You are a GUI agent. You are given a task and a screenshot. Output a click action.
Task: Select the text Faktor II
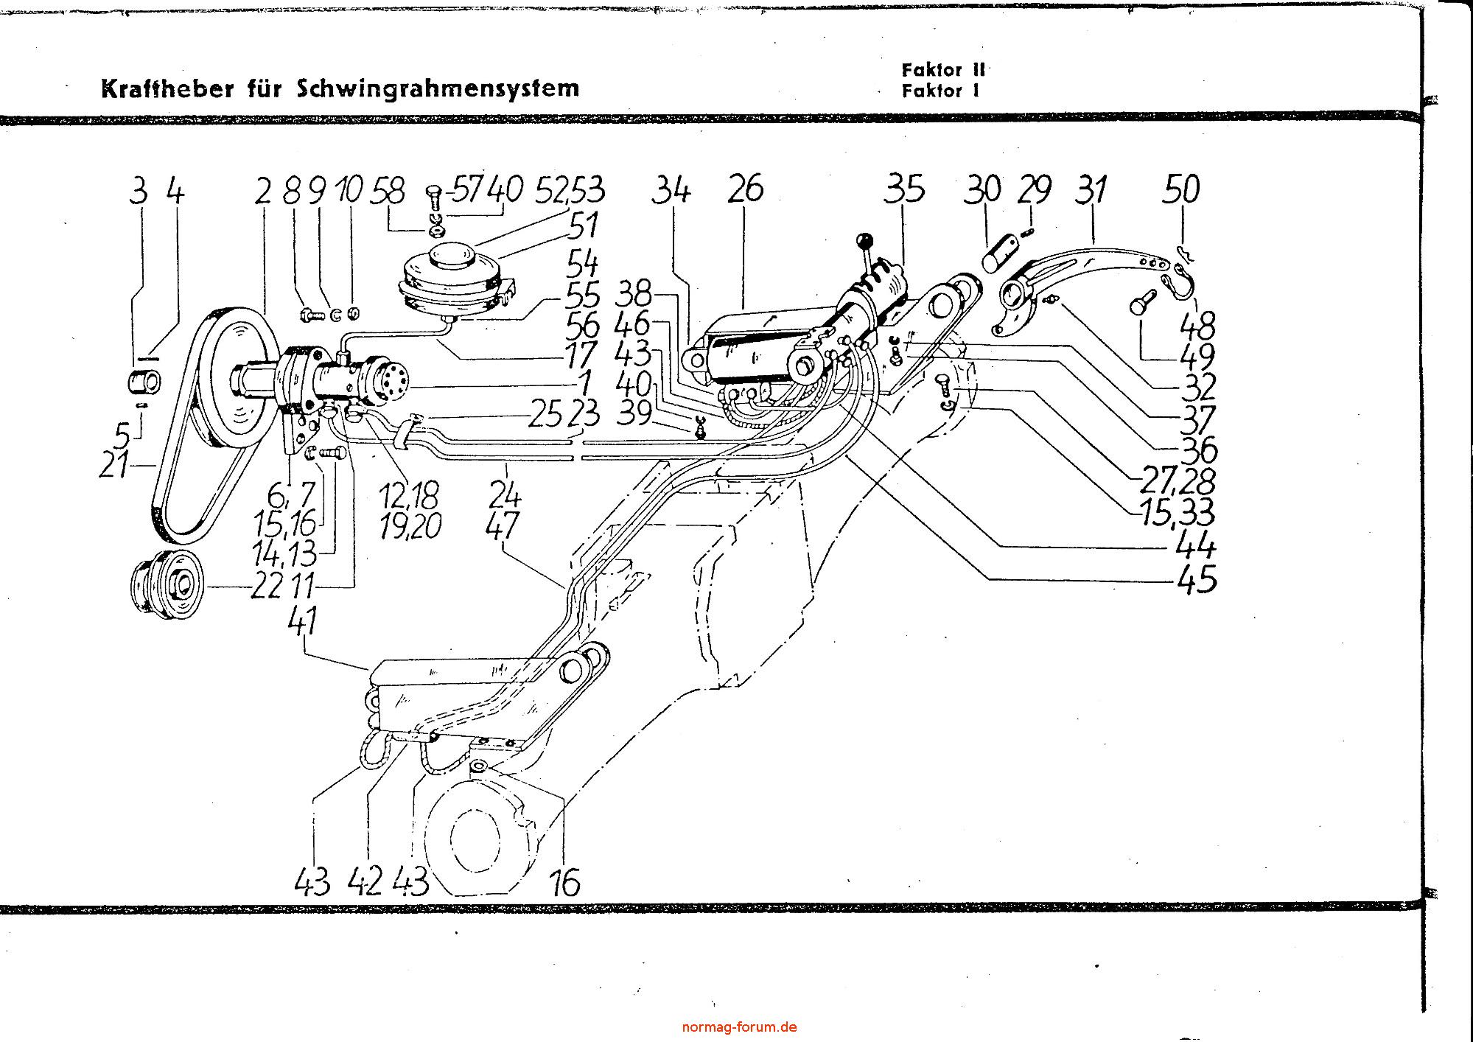point(942,70)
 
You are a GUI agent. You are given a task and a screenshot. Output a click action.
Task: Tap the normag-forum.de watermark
point(739,1027)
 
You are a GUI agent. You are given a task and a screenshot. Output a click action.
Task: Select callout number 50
point(1181,189)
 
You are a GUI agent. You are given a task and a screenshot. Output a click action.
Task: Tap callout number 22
point(266,587)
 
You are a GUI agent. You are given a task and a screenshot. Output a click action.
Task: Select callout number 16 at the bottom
point(565,882)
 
